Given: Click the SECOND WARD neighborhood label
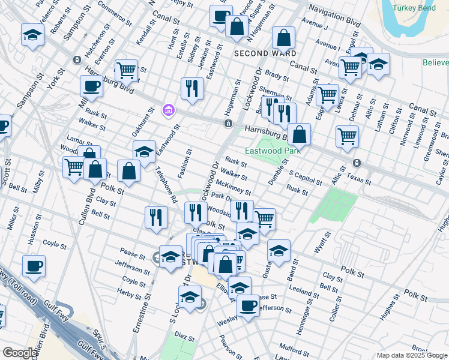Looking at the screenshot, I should [x=259, y=53].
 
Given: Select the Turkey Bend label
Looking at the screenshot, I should [x=411, y=8].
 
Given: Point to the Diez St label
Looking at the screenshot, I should [x=185, y=338].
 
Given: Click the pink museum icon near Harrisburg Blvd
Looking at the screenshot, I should [x=167, y=110].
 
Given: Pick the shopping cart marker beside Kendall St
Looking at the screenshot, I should [x=126, y=70].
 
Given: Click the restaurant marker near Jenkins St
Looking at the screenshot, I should [x=192, y=88].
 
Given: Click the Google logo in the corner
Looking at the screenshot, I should [x=20, y=353].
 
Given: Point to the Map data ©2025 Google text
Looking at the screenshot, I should [x=412, y=355].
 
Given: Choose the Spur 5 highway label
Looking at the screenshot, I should [x=100, y=340].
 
